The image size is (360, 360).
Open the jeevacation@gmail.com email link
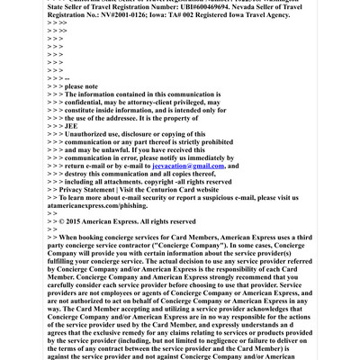(187, 166)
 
